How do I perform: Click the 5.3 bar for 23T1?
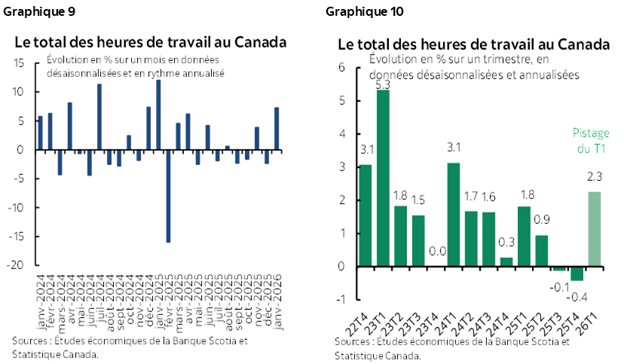pos(383,178)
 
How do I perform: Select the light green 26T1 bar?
pos(595,229)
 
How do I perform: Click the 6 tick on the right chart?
pos(341,68)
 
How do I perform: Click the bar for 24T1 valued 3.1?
pos(454,215)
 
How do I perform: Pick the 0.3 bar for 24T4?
pos(506,262)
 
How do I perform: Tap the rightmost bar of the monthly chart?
pos(277,129)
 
